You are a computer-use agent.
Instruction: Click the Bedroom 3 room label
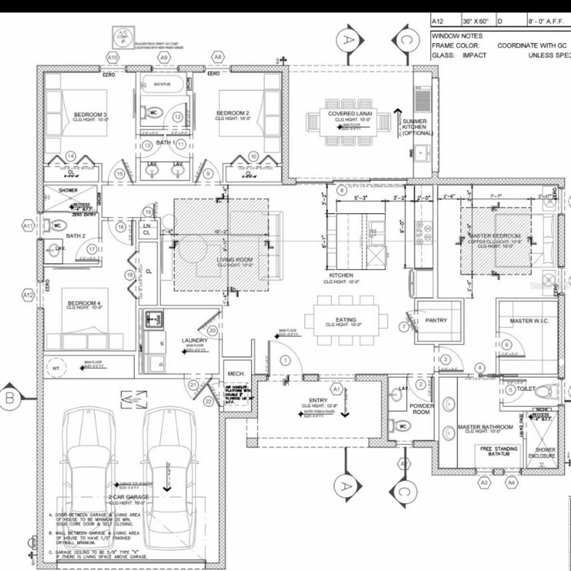tap(90, 115)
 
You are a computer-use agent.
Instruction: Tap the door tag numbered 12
tap(177, 117)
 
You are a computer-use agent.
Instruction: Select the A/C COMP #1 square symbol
tap(123, 37)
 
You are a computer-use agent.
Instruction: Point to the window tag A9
tap(164, 57)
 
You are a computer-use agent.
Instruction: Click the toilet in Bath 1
tap(154, 113)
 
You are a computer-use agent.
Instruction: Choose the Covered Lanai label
tap(350, 114)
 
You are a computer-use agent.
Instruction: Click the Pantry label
tap(436, 320)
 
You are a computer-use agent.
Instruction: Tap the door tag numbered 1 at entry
tap(285, 361)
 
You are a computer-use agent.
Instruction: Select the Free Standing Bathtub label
tap(499, 451)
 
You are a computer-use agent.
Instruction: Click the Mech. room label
tap(236, 374)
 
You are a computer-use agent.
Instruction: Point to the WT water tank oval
tap(57, 368)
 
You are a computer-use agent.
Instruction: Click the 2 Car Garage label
tap(128, 497)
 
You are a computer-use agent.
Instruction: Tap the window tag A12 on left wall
tap(29, 295)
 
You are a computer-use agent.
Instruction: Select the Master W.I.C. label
tap(529, 321)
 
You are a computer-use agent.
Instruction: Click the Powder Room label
tap(422, 409)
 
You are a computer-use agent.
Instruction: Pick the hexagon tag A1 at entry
tap(337, 389)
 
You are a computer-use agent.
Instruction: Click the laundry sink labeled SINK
tap(154, 318)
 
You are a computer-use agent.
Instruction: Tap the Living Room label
tap(235, 260)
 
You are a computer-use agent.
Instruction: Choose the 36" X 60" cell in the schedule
tap(478, 21)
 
